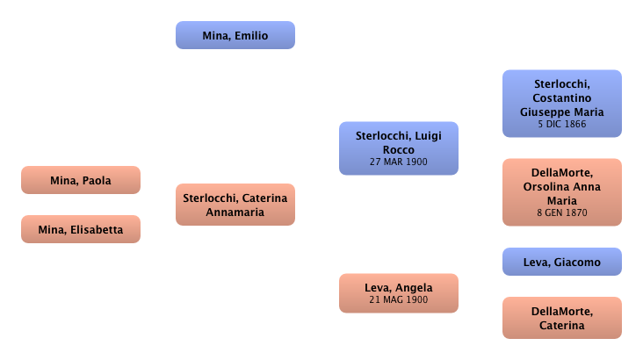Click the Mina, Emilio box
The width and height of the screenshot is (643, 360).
(x=235, y=36)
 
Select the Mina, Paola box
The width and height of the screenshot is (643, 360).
(x=80, y=182)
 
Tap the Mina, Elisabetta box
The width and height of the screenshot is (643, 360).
(x=80, y=231)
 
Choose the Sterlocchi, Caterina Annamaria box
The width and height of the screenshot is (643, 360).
(x=235, y=205)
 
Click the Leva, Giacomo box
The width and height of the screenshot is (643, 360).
(x=561, y=263)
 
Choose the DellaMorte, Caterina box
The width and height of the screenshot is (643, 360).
(x=561, y=318)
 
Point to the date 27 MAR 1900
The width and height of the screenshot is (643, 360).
(x=399, y=162)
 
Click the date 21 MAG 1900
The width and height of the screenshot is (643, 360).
(x=399, y=300)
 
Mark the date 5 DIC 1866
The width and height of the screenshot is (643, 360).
(x=561, y=125)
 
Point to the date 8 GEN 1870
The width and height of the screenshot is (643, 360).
(x=561, y=212)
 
